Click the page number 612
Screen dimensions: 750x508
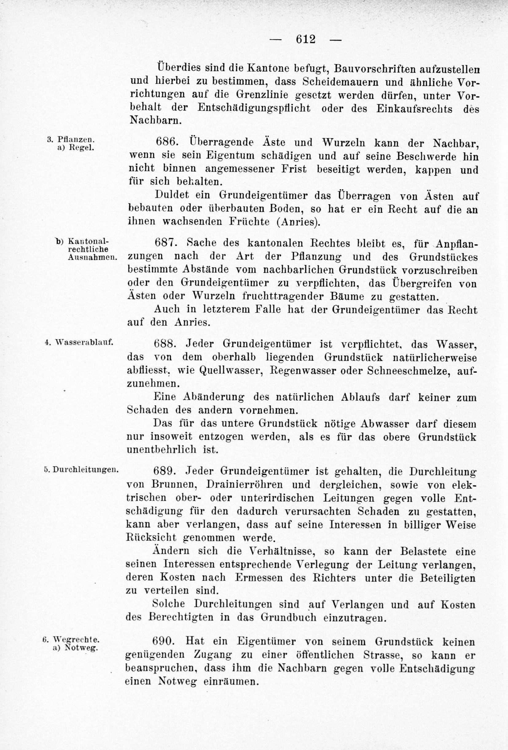coord(305,40)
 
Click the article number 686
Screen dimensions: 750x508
coord(166,142)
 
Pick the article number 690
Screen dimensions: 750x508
coord(164,623)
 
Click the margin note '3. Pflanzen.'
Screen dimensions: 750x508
coord(70,139)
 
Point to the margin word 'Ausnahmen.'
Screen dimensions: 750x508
coord(92,257)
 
